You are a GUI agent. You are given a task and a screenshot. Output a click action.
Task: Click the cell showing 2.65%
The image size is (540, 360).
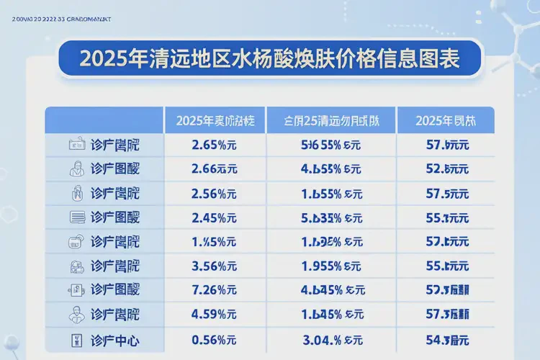[215, 145]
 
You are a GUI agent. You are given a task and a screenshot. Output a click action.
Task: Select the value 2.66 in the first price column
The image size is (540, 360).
[215, 169]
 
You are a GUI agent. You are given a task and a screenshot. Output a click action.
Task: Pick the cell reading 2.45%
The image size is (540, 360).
[215, 217]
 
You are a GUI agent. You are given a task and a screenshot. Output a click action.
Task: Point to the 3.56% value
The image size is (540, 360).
[215, 266]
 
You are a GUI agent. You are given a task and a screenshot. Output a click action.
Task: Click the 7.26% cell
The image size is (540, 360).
[215, 290]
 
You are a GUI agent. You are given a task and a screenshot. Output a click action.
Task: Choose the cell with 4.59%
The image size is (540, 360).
[215, 315]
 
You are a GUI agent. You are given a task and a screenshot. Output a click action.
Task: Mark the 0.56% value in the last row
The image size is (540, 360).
[215, 339]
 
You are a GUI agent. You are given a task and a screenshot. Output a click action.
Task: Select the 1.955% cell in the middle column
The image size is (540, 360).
[331, 266]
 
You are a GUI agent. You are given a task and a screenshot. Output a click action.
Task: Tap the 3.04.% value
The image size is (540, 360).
[331, 339]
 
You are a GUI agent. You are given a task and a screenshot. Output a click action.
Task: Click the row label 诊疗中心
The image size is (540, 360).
[116, 339]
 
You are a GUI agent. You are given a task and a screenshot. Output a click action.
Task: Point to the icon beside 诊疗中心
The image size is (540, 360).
[76, 339]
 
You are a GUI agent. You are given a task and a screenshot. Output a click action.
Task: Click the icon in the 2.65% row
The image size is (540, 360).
[76, 145]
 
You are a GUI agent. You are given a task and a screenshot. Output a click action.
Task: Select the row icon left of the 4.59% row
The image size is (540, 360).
[76, 315]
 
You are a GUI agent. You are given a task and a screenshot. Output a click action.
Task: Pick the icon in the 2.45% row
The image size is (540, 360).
[76, 217]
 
